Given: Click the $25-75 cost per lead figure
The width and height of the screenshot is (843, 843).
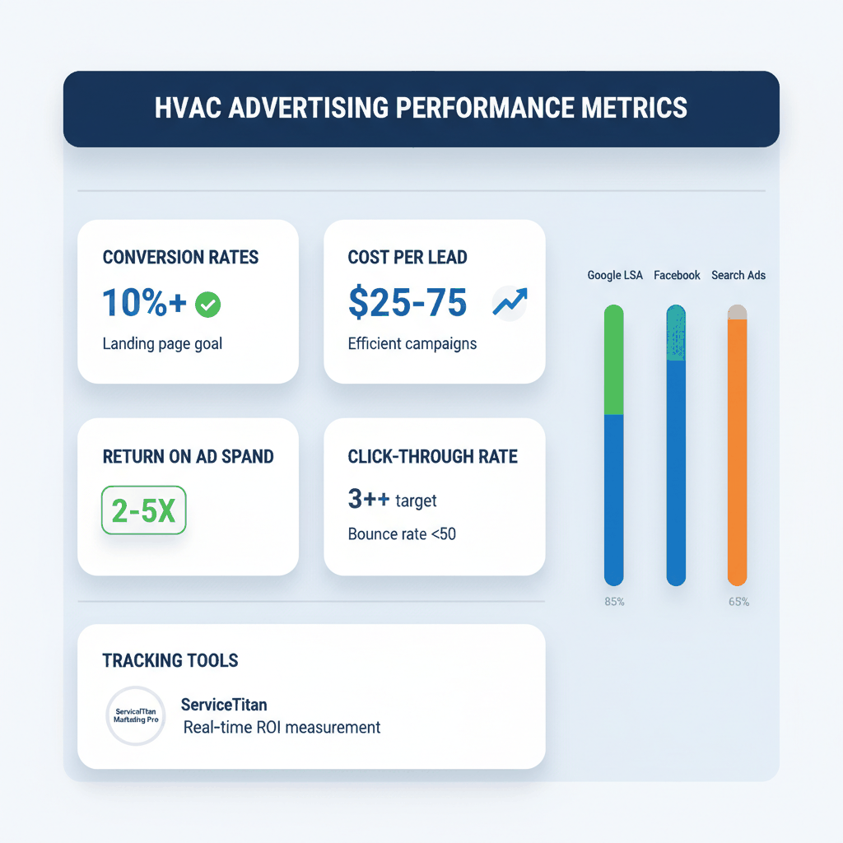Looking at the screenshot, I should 408,303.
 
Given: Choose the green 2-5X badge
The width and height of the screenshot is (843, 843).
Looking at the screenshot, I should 143,510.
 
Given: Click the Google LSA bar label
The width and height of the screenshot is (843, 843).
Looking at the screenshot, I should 615,275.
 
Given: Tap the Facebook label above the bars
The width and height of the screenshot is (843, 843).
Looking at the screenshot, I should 677,275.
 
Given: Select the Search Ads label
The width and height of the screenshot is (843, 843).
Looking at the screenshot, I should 738,275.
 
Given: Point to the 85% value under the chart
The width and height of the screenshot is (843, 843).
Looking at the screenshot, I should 614,602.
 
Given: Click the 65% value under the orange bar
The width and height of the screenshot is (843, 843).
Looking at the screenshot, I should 738,602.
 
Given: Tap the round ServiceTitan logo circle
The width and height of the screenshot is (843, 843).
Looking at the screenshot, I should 137,715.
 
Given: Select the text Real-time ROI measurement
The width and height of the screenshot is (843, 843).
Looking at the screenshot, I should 282,727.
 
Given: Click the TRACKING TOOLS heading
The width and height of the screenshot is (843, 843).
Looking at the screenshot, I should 170,660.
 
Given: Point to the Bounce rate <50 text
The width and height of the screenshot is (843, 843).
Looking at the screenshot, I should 402,533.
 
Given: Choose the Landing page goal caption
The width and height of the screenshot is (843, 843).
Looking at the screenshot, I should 162,343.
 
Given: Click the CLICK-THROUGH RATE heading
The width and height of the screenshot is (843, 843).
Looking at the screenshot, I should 433,457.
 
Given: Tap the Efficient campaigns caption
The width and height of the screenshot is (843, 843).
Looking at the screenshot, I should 412,343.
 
